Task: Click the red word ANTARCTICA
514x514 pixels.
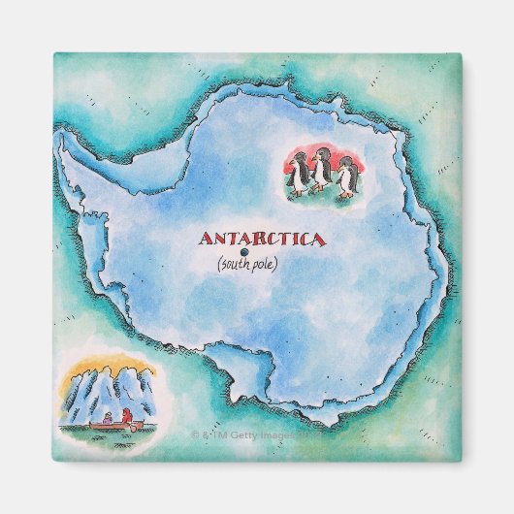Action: click(x=263, y=239)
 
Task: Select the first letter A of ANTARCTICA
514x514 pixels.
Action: click(x=205, y=239)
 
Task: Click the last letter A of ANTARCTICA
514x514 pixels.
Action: click(x=321, y=239)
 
